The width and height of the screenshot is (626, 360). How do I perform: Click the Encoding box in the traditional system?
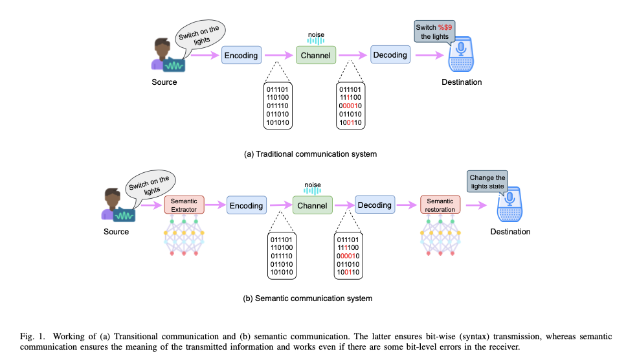[241, 56]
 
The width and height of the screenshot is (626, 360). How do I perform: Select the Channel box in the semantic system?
[311, 206]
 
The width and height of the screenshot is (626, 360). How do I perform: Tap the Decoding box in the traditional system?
[390, 55]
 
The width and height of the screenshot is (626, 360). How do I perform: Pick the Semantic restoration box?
[440, 205]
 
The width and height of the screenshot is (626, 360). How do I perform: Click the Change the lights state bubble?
[487, 182]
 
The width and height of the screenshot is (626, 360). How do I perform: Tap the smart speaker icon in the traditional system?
[462, 58]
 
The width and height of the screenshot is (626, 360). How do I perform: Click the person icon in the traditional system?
[163, 56]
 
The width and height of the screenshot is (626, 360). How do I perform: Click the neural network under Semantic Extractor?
[184, 238]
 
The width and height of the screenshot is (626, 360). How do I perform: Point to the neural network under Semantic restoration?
[440, 238]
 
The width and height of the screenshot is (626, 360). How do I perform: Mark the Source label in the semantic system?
[116, 231]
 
